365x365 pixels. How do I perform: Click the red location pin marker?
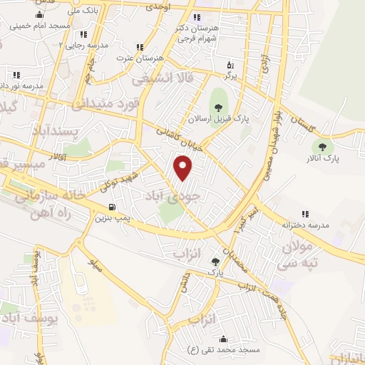pos(184,168)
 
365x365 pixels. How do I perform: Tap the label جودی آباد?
pos(175,195)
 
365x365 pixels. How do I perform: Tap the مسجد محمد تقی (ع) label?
pos(223,349)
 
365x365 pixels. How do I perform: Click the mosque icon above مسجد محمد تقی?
pos(224,339)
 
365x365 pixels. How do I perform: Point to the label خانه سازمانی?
pos(42,192)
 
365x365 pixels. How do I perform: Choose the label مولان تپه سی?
pos(298,255)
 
